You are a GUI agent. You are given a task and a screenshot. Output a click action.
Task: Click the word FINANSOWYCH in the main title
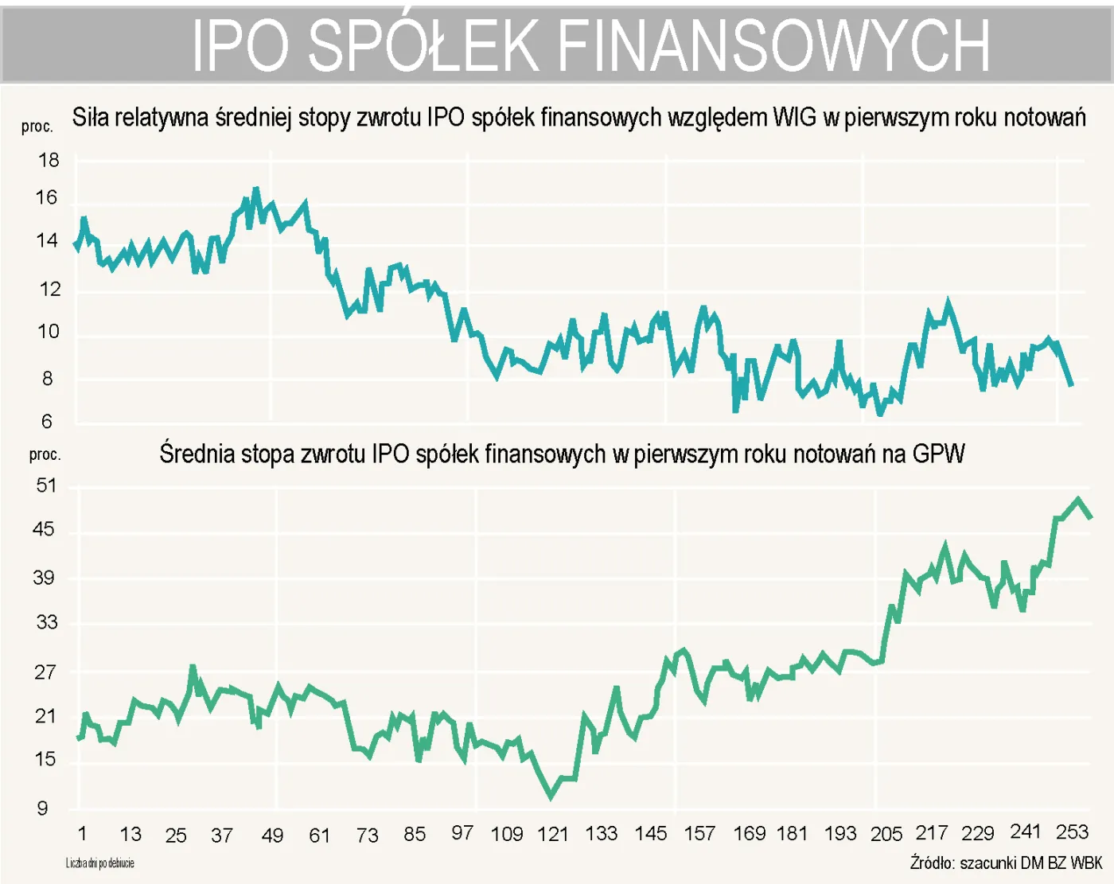[x=773, y=46]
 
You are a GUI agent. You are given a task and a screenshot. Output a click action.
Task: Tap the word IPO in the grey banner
[x=241, y=46]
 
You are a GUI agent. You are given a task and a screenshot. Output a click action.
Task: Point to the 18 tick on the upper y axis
[x=49, y=160]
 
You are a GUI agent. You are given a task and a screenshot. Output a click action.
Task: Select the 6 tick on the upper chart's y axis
[x=47, y=421]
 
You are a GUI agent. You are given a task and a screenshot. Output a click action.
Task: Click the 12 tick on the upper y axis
[x=49, y=289]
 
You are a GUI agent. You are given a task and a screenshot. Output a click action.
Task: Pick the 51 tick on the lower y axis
[x=47, y=485]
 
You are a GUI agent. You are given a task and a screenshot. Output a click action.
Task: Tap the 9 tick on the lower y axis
[x=43, y=808]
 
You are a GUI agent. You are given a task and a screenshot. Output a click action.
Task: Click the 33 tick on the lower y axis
[x=47, y=622]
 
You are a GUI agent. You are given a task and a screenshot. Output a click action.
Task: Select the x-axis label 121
[x=552, y=834]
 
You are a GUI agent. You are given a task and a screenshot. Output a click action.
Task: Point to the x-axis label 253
[x=1071, y=831]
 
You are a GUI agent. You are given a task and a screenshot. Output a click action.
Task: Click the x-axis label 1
[x=82, y=833]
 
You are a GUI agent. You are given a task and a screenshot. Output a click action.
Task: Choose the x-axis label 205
[x=886, y=834]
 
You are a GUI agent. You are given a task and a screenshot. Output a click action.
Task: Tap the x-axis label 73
[x=367, y=835]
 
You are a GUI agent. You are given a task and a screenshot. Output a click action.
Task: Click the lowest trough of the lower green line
[x=551, y=796]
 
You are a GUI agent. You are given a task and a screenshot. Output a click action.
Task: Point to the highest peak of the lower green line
[x=1078, y=500]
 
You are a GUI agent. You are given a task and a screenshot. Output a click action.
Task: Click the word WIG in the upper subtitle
[x=794, y=118]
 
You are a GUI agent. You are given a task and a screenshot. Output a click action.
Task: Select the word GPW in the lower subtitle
[x=938, y=454]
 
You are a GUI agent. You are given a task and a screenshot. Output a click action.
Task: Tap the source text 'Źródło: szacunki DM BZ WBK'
[x=1006, y=863]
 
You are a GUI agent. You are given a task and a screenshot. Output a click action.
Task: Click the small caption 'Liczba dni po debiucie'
[x=100, y=863]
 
